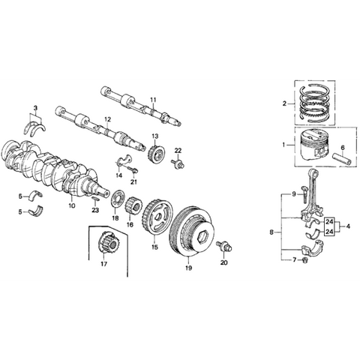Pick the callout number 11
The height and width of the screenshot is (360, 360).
point(153,99)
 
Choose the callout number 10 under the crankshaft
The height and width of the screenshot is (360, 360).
point(73,205)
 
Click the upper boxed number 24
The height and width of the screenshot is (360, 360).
point(328,222)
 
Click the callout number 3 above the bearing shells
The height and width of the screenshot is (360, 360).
point(34,110)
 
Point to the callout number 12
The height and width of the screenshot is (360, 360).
point(108,118)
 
